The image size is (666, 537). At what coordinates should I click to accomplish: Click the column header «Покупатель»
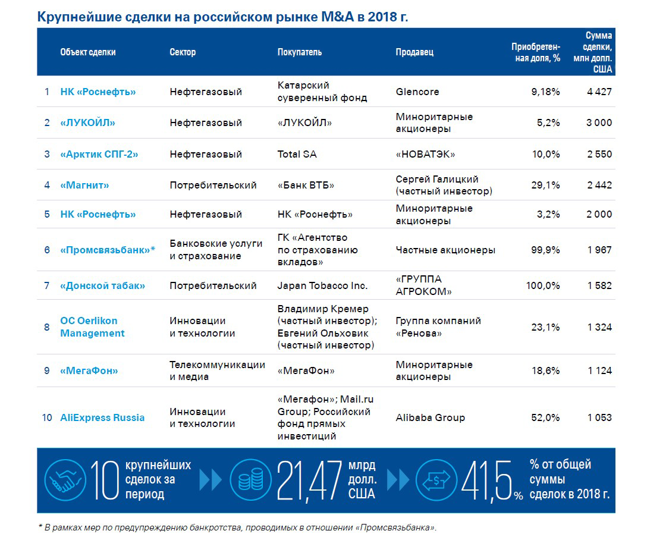point(300,52)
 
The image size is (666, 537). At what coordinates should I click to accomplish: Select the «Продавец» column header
point(414,52)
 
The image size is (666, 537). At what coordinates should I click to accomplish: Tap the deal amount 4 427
point(599,92)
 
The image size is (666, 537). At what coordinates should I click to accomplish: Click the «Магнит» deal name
point(85,185)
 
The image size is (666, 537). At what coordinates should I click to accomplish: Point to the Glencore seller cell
point(417,92)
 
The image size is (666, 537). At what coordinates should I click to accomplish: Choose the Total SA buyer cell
point(297,154)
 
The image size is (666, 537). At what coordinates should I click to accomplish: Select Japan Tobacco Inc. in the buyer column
point(322,285)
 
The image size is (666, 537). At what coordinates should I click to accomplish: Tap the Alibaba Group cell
point(431,417)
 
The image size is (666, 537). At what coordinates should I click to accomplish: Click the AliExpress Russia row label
point(102,417)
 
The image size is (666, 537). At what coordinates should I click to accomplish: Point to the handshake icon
point(64,479)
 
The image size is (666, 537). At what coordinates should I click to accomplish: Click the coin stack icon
point(250,479)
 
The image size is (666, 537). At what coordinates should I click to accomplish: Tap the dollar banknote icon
point(436,479)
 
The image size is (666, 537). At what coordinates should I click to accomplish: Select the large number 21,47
point(309,481)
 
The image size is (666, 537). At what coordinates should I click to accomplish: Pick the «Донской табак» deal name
point(102,285)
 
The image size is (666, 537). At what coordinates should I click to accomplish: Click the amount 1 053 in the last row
point(599,417)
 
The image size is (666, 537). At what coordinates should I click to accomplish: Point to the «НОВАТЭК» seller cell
point(425,154)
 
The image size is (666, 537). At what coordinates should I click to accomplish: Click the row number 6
point(47,250)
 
